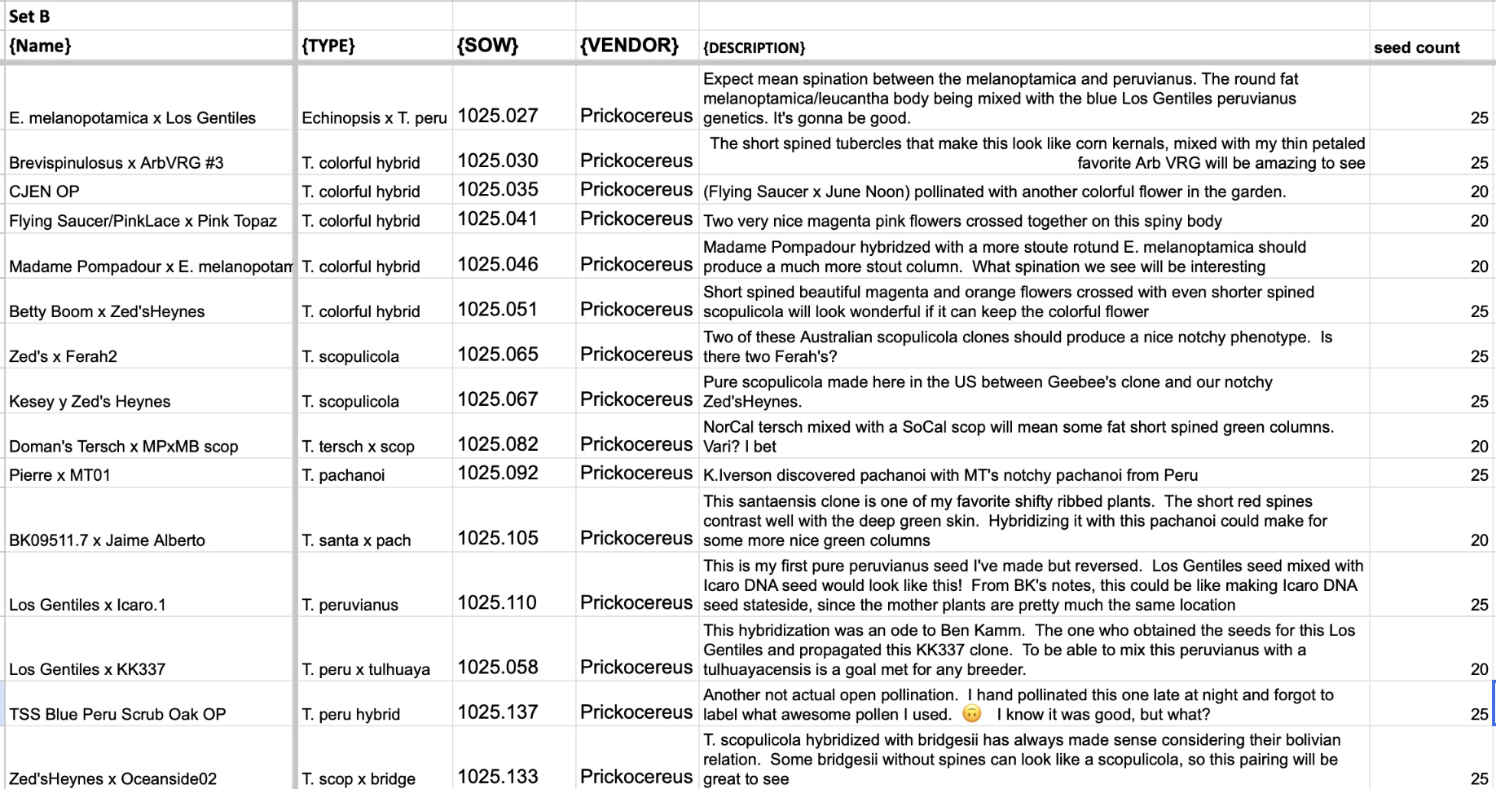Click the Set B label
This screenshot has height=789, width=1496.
point(29,16)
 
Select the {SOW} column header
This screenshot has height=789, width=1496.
point(487,46)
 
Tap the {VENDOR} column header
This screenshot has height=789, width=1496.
point(629,46)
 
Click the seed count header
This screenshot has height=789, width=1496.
point(1416,47)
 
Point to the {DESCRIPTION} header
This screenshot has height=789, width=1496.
point(754,48)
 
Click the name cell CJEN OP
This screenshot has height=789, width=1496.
point(44,192)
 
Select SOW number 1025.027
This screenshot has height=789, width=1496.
point(498,116)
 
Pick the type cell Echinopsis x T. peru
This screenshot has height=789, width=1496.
point(374,118)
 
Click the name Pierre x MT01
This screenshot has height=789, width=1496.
point(59,475)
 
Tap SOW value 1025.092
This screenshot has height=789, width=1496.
point(498,474)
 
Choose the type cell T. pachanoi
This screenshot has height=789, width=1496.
point(343,475)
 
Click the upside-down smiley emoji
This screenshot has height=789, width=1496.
point(972,714)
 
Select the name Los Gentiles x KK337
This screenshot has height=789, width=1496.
point(87,669)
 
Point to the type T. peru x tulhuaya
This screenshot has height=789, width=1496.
point(366,669)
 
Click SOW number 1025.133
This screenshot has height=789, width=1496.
point(498,777)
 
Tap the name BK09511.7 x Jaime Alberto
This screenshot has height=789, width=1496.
point(107,540)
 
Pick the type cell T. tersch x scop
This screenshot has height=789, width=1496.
point(358,447)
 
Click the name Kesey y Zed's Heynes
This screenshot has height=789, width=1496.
point(90,402)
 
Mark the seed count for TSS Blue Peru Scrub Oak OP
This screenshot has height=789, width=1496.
point(1479,714)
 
